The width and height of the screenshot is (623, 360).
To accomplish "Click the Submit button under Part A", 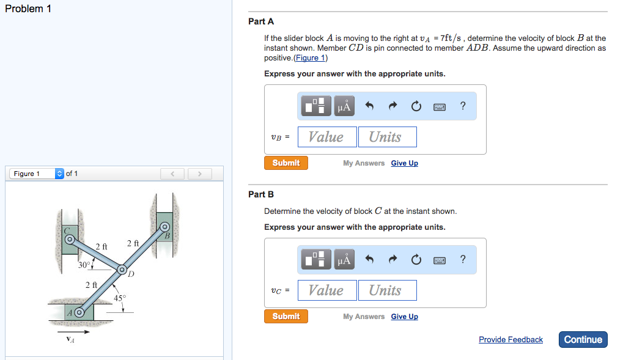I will coord(286,163).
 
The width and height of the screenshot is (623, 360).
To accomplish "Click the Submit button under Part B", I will coord(286,317).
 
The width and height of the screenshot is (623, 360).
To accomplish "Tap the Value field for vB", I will coord(326,137).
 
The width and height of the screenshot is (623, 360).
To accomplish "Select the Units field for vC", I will coord(387,290).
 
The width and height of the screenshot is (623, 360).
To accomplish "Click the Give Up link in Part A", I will coord(404,163).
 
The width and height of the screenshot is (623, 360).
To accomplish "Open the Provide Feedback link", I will coord(511,340).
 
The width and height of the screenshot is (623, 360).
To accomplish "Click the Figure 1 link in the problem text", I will coord(311,58).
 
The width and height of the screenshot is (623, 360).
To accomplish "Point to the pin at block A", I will coord(79,312).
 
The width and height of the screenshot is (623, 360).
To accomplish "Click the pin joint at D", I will coord(122,270).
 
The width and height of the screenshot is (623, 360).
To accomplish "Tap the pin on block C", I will coord(69,238).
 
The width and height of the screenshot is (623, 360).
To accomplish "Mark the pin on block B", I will coord(164,227).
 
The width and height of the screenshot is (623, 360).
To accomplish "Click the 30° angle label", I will coord(85,265).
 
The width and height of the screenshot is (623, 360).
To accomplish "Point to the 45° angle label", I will coord(120,298).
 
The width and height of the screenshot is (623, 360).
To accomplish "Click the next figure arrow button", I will coord(199,174).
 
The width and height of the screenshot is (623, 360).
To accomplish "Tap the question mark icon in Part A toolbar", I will coord(463,106).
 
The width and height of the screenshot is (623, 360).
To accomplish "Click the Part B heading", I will coord(261,194).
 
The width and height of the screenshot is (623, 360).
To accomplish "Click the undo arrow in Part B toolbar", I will coord(369,260).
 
